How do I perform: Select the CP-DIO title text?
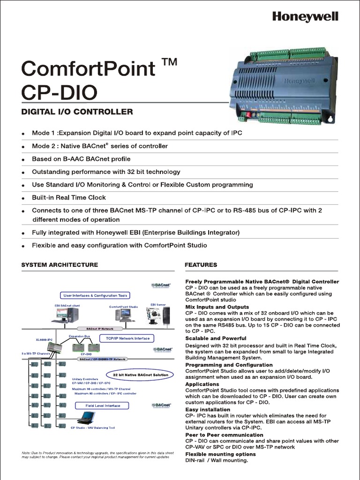click(59, 91)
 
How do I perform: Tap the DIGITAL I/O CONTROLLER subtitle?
click(77, 112)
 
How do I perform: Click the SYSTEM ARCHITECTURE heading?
click(60, 264)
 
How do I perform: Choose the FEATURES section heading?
click(201, 264)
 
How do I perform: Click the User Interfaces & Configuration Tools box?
click(95, 295)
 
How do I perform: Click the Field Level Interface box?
click(103, 405)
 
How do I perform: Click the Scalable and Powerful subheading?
click(216, 338)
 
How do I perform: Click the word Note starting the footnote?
click(26, 453)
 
